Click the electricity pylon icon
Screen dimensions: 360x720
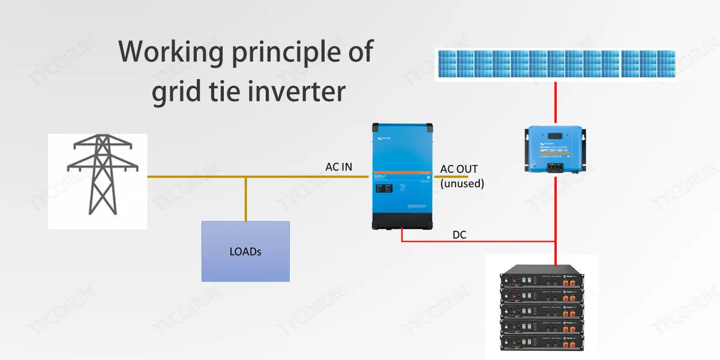tap(97, 177)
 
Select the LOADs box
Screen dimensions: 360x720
tap(245, 251)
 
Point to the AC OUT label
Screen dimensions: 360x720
tap(459, 169)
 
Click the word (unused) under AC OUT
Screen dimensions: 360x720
tap(462, 184)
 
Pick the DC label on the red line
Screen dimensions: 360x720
tap(460, 235)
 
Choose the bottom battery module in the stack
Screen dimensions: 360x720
tap(542, 344)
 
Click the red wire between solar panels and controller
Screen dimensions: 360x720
tap(556, 102)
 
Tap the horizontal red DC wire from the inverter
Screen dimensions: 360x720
tap(480, 242)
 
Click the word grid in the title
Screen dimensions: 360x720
tap(175, 94)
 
